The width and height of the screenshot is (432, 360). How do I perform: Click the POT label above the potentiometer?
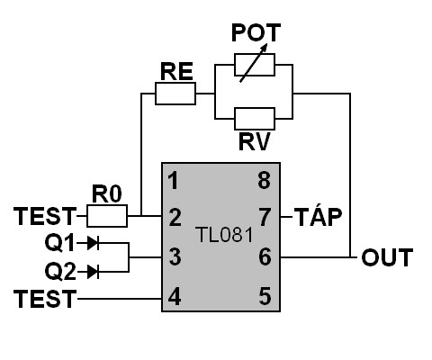256,32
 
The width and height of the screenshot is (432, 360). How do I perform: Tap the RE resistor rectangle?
175,94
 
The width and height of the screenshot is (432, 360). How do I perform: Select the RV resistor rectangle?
255,119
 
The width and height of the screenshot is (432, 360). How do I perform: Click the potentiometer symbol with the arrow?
255,64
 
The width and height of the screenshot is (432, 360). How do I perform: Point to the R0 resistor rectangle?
107,216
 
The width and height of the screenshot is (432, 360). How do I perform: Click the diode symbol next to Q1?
93,243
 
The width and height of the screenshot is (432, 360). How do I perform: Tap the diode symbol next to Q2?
93,272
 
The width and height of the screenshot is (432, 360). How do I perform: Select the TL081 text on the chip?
225,235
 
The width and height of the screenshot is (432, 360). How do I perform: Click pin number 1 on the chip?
174,181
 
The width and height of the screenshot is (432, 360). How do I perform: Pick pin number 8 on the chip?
265,181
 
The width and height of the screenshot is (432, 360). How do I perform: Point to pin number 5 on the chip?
265,296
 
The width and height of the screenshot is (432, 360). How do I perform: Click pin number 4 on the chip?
175,296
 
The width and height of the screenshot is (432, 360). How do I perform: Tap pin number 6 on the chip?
265,256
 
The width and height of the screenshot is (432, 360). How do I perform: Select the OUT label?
387,257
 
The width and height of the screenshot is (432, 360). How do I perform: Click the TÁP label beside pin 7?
318,216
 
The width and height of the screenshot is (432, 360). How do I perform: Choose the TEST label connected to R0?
45,216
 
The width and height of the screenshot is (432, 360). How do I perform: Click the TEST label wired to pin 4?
45,299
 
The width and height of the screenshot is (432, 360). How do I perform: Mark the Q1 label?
59,243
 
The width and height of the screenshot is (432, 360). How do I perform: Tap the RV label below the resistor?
255,141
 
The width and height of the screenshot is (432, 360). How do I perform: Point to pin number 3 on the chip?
175,256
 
